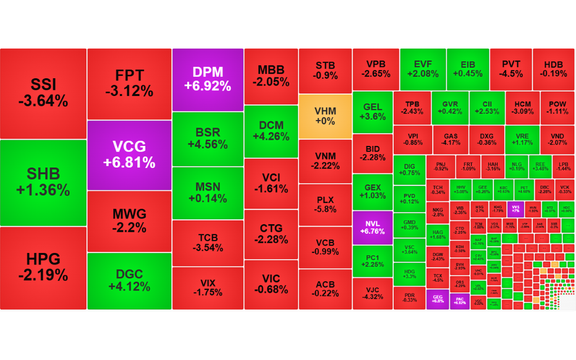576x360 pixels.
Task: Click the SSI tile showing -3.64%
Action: click(43, 93)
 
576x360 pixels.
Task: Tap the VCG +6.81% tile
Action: click(129, 154)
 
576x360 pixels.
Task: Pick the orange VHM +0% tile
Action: click(325, 116)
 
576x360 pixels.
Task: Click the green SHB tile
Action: click(43, 182)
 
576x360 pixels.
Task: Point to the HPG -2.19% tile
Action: click(43, 267)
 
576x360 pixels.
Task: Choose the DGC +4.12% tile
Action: click(129, 280)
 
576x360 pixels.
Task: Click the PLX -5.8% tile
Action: click(325, 204)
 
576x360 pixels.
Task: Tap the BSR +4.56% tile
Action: click(207, 138)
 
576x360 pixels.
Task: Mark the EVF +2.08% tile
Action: click(422, 69)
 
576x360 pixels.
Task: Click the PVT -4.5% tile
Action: click(510, 69)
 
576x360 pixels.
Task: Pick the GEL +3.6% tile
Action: click(372, 112)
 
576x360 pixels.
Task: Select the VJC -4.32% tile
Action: click(372, 293)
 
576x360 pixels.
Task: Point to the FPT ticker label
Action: click(129, 76)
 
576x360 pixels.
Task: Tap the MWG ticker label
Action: click(129, 214)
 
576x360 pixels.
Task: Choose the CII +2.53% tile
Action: click(487, 107)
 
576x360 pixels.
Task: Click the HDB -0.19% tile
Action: click(554, 69)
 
